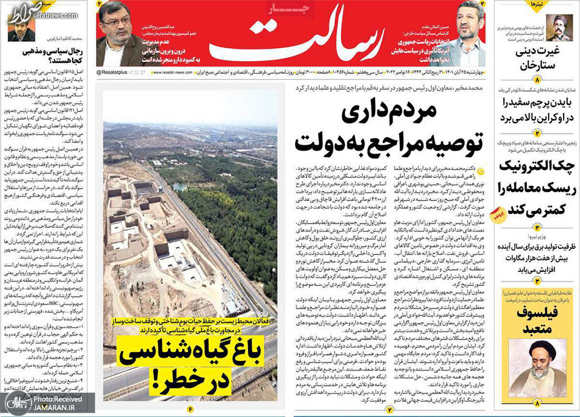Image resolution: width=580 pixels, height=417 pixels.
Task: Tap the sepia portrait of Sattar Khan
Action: click(x=559, y=27)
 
